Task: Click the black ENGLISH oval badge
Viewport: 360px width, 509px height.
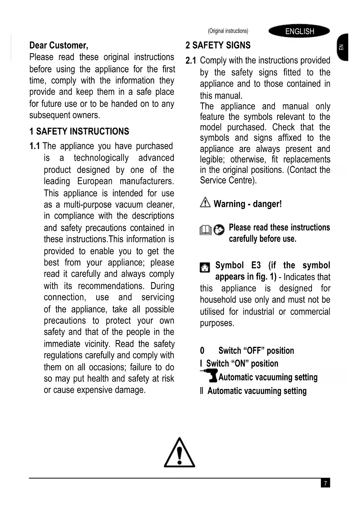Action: pyautogui.click(x=299, y=31)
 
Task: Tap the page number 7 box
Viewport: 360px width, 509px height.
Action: pyautogui.click(x=325, y=483)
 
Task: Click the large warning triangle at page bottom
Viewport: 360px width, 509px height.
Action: pyautogui.click(x=180, y=453)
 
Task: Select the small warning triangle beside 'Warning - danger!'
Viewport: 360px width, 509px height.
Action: pyautogui.click(x=205, y=202)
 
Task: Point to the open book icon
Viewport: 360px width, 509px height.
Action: pyautogui.click(x=206, y=230)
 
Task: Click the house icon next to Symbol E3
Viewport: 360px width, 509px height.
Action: pyautogui.click(x=205, y=267)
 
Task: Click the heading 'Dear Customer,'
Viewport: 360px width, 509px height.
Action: pyautogui.click(x=59, y=45)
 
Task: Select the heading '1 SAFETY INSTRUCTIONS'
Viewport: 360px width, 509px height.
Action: pyautogui.click(x=79, y=131)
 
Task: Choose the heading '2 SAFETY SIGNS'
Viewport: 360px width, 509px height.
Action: pyautogui.click(x=218, y=45)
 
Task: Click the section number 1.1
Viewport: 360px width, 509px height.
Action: pyautogui.click(x=35, y=146)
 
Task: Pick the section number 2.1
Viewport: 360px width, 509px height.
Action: pyautogui.click(x=191, y=61)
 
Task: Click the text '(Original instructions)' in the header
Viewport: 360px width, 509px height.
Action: pyautogui.click(x=228, y=31)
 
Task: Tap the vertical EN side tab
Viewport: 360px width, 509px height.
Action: pyautogui.click(x=342, y=47)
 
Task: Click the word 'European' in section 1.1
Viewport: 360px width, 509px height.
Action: pyautogui.click(x=95, y=181)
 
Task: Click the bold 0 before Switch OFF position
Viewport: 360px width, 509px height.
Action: pyautogui.click(x=202, y=351)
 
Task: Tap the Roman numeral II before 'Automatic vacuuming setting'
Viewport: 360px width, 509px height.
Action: pyautogui.click(x=202, y=391)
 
